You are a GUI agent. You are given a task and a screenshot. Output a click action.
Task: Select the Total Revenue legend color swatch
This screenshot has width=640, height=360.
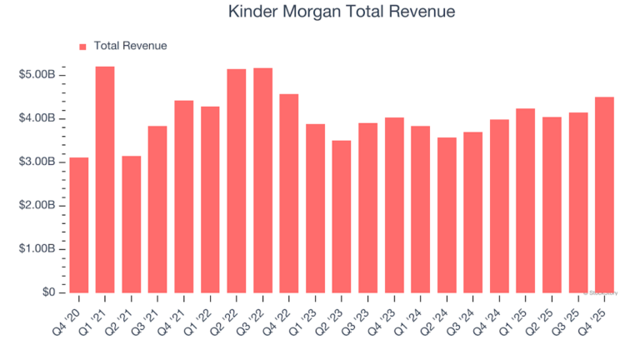tap(82, 47)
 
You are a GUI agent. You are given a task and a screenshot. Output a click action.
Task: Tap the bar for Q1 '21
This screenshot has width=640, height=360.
tap(105, 179)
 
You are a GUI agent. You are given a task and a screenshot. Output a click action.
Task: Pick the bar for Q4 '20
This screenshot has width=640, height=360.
tap(79, 225)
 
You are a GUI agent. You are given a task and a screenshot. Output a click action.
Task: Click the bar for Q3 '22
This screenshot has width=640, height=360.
tap(262, 180)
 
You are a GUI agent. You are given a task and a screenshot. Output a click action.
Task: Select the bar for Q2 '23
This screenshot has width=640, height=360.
tap(342, 217)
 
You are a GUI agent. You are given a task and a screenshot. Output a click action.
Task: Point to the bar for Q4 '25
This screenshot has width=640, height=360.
tap(604, 195)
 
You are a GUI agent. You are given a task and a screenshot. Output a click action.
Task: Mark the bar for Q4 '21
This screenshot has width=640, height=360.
tap(184, 197)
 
